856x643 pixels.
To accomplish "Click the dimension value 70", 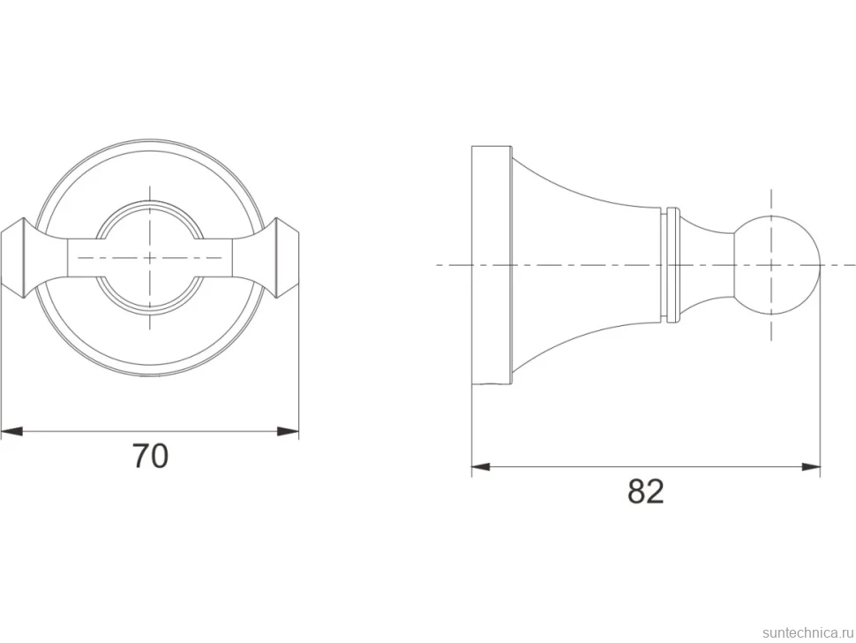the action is [x=151, y=456].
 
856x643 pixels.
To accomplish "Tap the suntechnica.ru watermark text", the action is [x=807, y=632].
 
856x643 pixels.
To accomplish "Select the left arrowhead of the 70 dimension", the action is [x=11, y=432].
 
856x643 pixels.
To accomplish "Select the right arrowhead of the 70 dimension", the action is [x=289, y=432].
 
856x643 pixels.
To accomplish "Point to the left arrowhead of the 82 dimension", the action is [x=483, y=467].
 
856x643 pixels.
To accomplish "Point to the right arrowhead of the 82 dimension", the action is [x=811, y=467].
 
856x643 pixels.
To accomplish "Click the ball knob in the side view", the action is [x=777, y=266].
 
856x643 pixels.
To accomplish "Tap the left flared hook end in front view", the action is [x=18, y=258].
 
